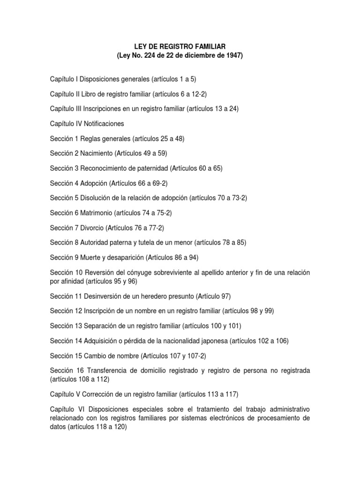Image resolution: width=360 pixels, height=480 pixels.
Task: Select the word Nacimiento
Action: pyautogui.click(x=97, y=153)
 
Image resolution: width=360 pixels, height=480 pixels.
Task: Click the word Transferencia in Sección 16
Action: pyautogui.click(x=106, y=370)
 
